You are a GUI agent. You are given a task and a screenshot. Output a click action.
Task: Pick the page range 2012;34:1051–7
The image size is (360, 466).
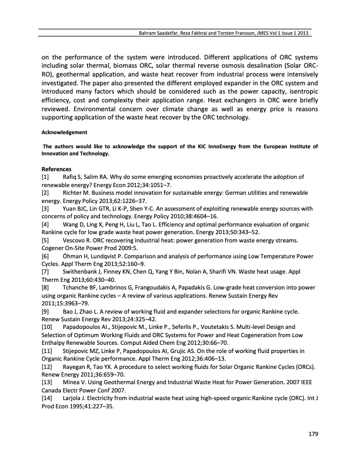(x=145, y=184)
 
